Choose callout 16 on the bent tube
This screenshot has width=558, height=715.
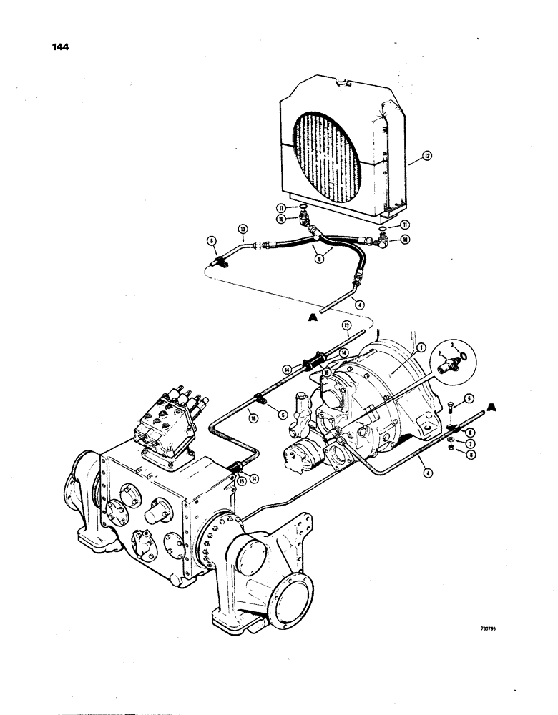click(235, 413)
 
